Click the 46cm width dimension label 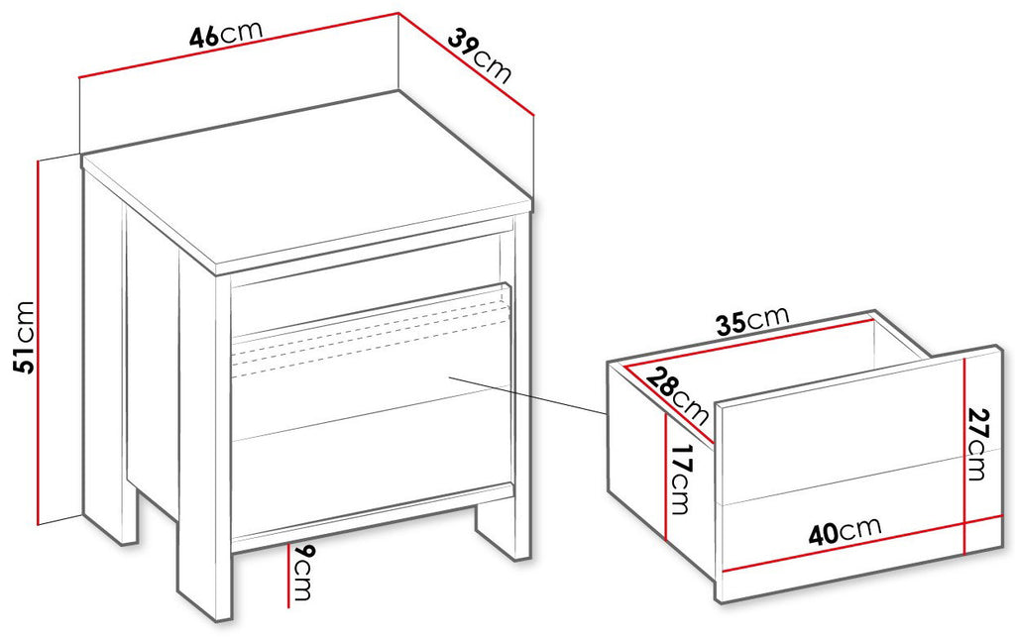pyautogui.click(x=226, y=35)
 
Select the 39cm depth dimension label pyautogui.click(x=479, y=55)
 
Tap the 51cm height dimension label pyautogui.click(x=25, y=337)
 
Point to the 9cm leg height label pyautogui.click(x=302, y=573)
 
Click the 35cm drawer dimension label pyautogui.click(x=753, y=320)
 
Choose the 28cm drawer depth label pyautogui.click(x=677, y=395)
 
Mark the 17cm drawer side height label pyautogui.click(x=680, y=479)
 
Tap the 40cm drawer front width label pyautogui.click(x=845, y=532)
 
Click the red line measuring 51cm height pyautogui.click(x=39, y=342)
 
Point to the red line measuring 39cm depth pyautogui.click(x=466, y=63)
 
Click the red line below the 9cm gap pyautogui.click(x=288, y=576)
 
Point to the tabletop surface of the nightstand pyautogui.click(x=304, y=178)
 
